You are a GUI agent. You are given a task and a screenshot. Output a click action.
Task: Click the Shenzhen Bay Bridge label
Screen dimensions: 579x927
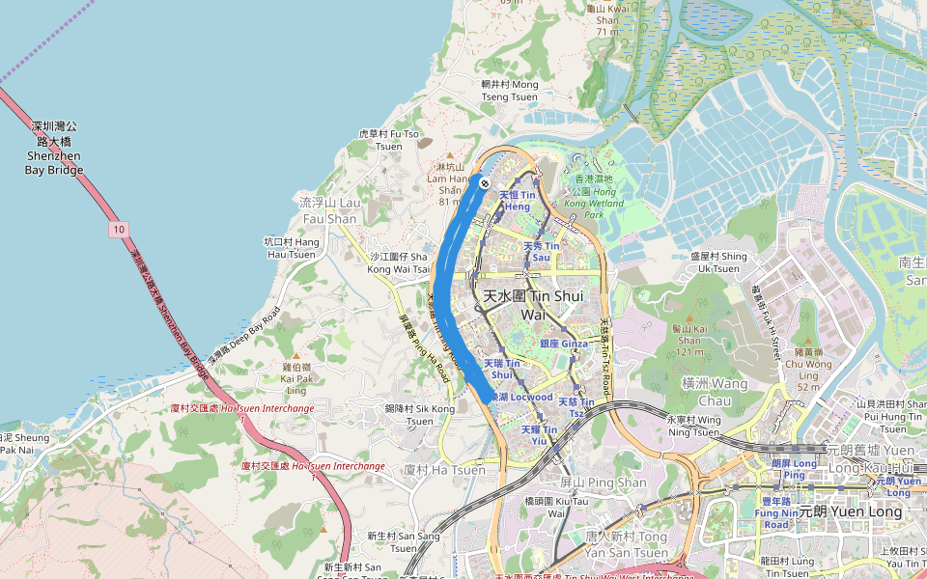pyautogui.click(x=54, y=148)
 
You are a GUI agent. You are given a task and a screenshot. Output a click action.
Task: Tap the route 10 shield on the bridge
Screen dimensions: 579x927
pyautogui.click(x=118, y=230)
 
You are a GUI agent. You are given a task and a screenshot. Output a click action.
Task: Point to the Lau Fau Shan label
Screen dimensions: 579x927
pyautogui.click(x=328, y=211)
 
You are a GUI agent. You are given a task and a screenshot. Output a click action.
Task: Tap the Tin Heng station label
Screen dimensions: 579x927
pyautogui.click(x=517, y=201)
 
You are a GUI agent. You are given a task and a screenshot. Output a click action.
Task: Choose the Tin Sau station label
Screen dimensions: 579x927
pyautogui.click(x=541, y=252)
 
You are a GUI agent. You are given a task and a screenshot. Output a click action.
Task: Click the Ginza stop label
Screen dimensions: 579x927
pyautogui.click(x=564, y=344)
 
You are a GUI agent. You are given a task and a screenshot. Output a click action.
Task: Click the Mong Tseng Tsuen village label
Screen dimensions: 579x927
pyautogui.click(x=510, y=91)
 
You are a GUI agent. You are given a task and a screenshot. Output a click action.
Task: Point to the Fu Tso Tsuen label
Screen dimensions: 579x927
pyautogui.click(x=389, y=139)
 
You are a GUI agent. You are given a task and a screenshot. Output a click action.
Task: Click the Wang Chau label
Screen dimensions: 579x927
pyautogui.click(x=715, y=391)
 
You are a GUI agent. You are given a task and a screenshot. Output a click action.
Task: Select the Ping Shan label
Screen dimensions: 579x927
pyautogui.click(x=590, y=482)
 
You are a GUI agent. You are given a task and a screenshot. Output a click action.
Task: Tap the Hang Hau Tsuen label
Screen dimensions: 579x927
pyautogui.click(x=291, y=247)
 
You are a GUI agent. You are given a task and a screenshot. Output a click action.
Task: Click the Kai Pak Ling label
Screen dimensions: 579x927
pyautogui.click(x=296, y=378)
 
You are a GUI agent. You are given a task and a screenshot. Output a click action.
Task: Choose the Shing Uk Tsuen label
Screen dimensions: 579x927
pyautogui.click(x=719, y=262)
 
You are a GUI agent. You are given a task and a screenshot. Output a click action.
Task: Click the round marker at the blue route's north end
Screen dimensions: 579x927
pyautogui.click(x=484, y=182)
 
